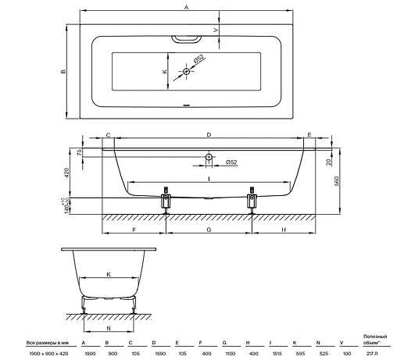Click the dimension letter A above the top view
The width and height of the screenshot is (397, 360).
point(186,7)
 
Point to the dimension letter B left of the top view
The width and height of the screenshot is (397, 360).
point(63,71)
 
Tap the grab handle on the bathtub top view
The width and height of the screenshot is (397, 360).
point(186,39)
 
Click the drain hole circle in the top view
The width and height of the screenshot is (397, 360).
point(186,71)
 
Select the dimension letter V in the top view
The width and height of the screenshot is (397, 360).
point(216,30)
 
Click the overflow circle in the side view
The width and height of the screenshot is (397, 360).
point(209,157)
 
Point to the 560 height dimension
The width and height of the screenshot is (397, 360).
point(336,181)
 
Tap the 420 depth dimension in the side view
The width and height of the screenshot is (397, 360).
point(66,173)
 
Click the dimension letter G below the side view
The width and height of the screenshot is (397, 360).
point(209,230)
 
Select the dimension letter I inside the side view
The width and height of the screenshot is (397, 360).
point(209,179)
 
